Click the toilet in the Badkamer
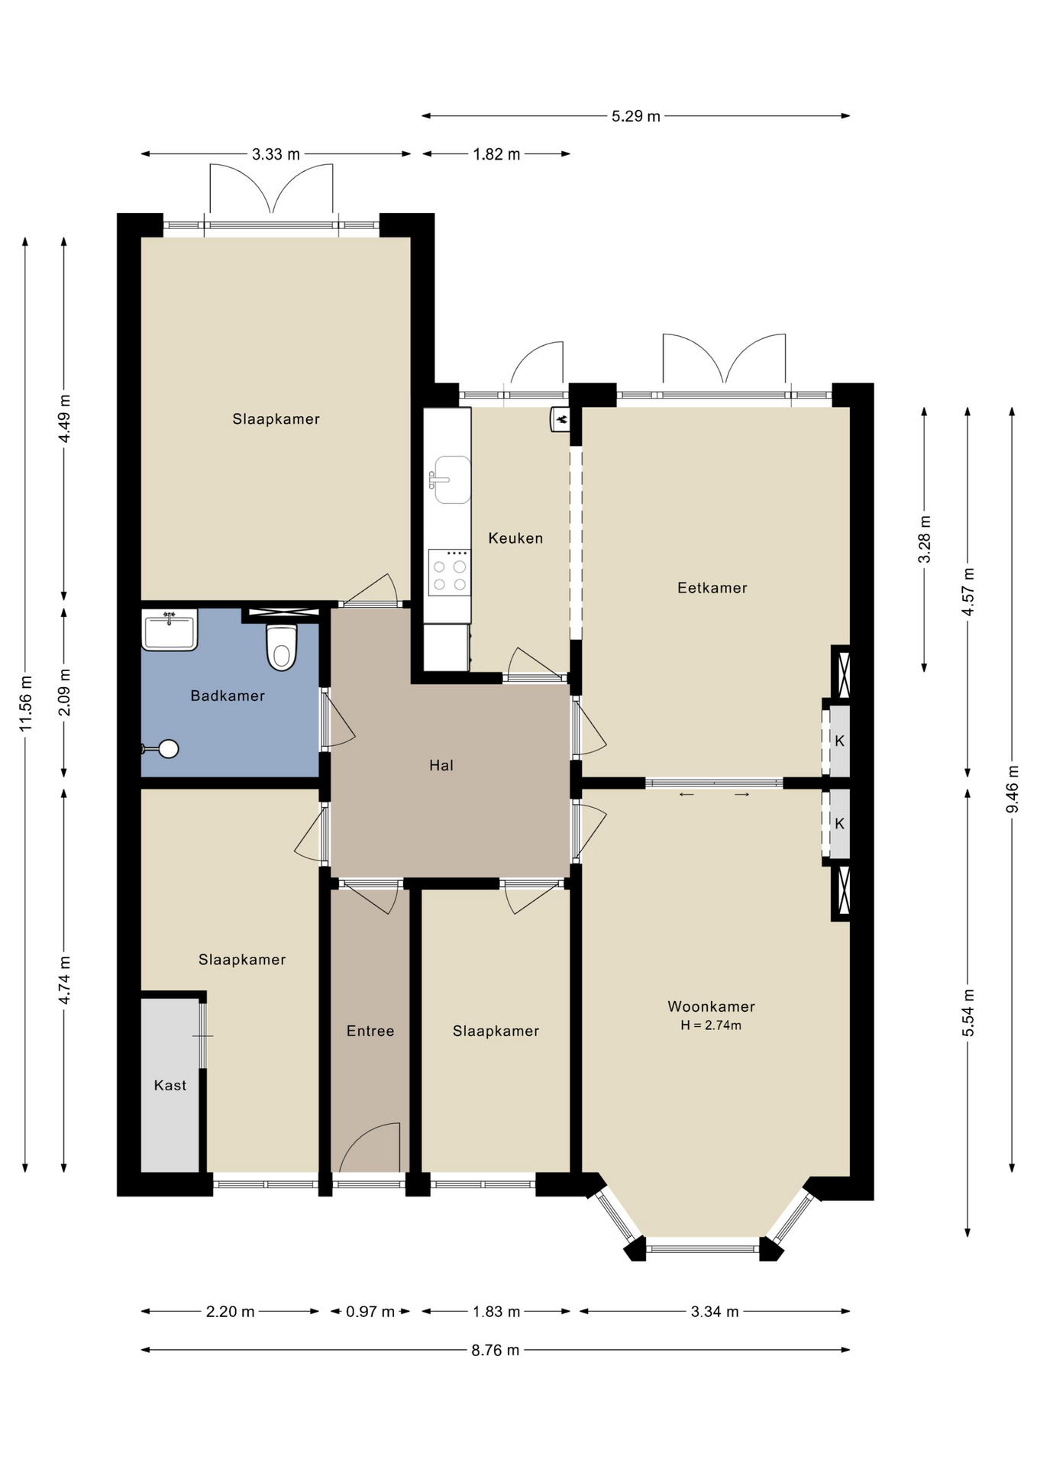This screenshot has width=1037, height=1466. pyautogui.click(x=282, y=647)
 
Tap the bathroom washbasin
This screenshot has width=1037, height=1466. pyautogui.click(x=170, y=630)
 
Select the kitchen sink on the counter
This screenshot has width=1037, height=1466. pyautogui.click(x=451, y=480)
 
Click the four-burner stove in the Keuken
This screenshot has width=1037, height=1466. pyautogui.click(x=450, y=572)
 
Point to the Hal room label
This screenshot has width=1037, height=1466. pyautogui.click(x=441, y=765)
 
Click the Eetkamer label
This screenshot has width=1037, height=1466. pyautogui.click(x=712, y=588)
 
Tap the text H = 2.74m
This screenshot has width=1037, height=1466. pyautogui.click(x=711, y=1025)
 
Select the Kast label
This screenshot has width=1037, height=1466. pyautogui.click(x=170, y=1085)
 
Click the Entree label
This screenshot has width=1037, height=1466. pyautogui.click(x=370, y=1031)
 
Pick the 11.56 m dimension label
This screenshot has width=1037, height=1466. pyautogui.click(x=26, y=703)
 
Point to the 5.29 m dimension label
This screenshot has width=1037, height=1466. pyautogui.click(x=636, y=116)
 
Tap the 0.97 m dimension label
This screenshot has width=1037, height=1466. pyautogui.click(x=370, y=1312)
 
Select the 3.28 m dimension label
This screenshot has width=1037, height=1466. pyautogui.click(x=925, y=539)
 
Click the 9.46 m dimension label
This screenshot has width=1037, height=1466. pyautogui.click(x=1013, y=789)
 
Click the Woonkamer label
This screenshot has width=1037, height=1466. pyautogui.click(x=712, y=1006)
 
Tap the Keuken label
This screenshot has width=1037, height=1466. pyautogui.click(x=516, y=538)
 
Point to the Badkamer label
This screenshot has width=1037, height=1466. pyautogui.click(x=228, y=696)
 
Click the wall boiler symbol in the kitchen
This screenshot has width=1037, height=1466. pyautogui.click(x=560, y=419)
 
